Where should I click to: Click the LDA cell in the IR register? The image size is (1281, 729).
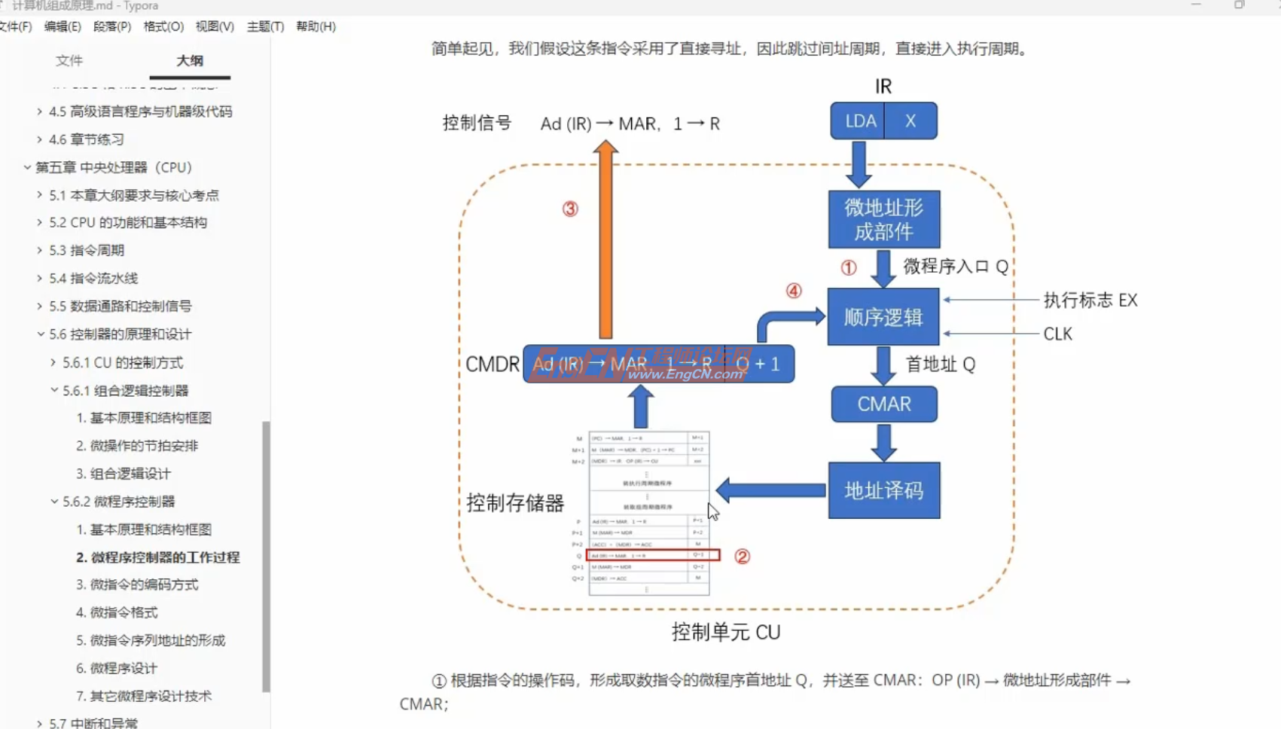coord(859,121)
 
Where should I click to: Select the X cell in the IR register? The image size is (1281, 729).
coord(910,121)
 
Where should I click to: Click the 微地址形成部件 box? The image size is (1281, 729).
coord(883,219)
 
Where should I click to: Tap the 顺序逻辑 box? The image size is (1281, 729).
coord(883,317)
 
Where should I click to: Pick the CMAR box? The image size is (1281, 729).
coord(884,404)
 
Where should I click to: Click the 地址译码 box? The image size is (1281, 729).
coord(883,491)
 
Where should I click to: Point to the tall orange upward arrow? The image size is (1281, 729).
coord(605,241)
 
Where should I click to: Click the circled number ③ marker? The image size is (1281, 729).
coord(570,209)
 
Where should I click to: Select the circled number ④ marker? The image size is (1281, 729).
coord(794,291)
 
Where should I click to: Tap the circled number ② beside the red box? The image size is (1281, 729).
coord(742,557)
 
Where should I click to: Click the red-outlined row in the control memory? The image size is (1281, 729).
coord(653,555)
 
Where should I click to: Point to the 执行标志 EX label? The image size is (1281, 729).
coord(1090,300)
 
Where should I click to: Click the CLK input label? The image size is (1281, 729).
coord(1057,334)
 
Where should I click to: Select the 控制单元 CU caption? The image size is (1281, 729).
coord(725,632)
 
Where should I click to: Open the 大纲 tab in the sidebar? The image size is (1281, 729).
coord(190,61)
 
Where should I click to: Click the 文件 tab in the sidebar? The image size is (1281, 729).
coord(69,61)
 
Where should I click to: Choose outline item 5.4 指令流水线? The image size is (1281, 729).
coord(93,279)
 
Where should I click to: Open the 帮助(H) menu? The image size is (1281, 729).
coord(316,26)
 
